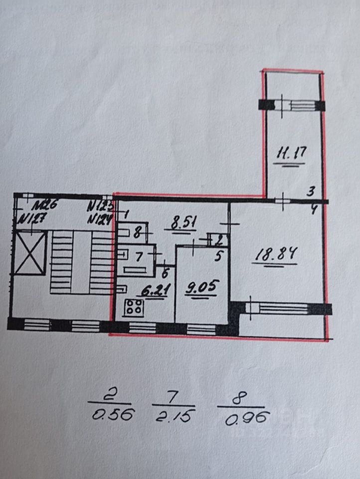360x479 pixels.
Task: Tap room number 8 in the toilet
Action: point(138,232)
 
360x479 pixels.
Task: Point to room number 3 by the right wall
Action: point(311,191)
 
